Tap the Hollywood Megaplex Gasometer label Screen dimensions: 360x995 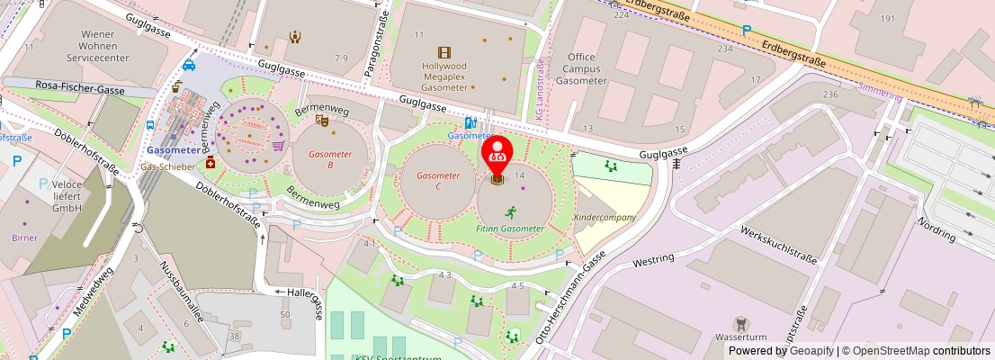444,76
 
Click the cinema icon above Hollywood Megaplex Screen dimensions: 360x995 444,53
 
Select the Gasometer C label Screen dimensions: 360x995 438,181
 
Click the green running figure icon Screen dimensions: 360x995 511,213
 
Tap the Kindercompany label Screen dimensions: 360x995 605,218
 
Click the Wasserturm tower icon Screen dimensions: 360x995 740,323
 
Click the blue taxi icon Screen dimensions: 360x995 189,65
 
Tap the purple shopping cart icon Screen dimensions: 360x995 279,145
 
